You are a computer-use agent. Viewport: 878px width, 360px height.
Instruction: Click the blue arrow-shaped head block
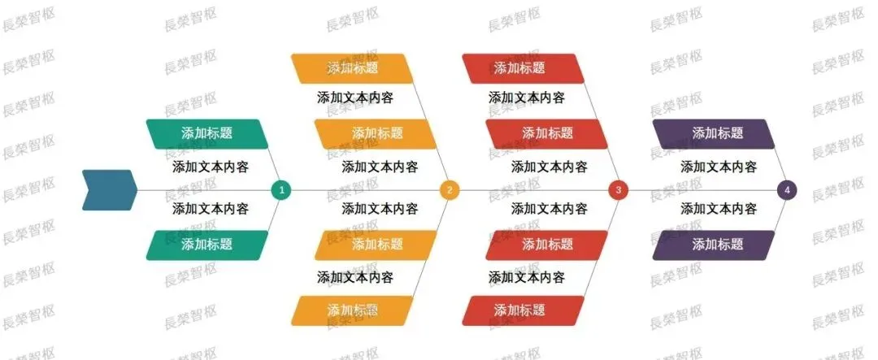108,190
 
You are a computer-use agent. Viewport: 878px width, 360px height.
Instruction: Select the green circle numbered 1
281,190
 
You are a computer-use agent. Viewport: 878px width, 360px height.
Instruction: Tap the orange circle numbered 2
450,190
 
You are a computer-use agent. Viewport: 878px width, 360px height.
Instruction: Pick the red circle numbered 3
618,190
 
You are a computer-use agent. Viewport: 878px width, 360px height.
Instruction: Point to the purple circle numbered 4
786,190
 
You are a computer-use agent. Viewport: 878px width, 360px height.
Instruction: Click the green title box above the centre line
206,133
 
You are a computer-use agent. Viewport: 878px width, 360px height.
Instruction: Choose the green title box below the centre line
206,244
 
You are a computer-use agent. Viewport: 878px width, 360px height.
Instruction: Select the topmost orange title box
353,68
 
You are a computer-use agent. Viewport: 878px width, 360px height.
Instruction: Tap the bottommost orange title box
353,310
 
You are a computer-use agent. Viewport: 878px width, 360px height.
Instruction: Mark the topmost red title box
523,68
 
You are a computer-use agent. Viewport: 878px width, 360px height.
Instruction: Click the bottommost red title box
523,310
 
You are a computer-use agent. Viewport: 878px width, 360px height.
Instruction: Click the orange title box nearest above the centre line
376,133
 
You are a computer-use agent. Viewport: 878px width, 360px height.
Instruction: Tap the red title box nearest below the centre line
546,244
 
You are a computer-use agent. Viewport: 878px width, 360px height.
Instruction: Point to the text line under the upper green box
211,167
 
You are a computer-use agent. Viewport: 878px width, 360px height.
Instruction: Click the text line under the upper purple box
719,167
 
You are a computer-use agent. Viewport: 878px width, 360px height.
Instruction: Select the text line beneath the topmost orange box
355,98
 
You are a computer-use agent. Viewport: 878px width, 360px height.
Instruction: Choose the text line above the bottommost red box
526,277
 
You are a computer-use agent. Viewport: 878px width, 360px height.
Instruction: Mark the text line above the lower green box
211,209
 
